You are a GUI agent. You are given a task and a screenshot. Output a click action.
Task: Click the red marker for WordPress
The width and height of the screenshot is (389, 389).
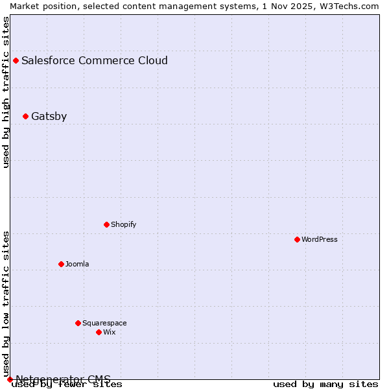pyautogui.click(x=297, y=239)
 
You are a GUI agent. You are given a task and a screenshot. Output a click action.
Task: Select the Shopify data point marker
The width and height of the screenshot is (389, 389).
pyautogui.click(x=106, y=224)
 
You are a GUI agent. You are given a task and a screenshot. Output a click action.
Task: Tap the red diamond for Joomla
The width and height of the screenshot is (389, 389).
pyautogui.click(x=61, y=264)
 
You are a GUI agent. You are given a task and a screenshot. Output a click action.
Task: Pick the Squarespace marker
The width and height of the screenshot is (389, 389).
pyautogui.click(x=78, y=323)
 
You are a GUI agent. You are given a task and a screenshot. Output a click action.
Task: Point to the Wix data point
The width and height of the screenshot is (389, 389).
pyautogui.click(x=99, y=332)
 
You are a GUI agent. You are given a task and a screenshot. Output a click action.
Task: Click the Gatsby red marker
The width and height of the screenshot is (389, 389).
pyautogui.click(x=25, y=117)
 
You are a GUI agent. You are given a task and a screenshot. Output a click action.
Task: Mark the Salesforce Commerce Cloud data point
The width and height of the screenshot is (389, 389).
pyautogui.click(x=16, y=61)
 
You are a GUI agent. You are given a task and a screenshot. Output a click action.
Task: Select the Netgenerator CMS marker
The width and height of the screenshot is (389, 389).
pyautogui.click(x=10, y=379)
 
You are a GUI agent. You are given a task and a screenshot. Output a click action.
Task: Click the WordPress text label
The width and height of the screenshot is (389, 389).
pyautogui.click(x=320, y=239)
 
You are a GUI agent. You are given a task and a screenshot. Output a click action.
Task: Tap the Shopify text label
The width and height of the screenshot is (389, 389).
pyautogui.click(x=124, y=224)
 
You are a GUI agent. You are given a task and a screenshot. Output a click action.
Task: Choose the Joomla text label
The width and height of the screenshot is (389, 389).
pyautogui.click(x=77, y=264)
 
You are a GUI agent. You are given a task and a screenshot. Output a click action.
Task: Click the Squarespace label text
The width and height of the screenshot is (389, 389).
pyautogui.click(x=104, y=323)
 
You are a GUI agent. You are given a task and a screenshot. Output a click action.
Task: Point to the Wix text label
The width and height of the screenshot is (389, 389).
pyautogui.click(x=110, y=332)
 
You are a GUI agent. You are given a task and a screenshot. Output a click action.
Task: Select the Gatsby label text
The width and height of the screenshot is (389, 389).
pyautogui.click(x=49, y=117)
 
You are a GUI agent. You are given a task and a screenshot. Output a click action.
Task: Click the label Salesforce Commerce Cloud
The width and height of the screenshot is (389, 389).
pyautogui.click(x=95, y=61)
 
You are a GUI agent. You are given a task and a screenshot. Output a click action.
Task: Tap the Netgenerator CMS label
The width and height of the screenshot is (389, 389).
pyautogui.click(x=64, y=379)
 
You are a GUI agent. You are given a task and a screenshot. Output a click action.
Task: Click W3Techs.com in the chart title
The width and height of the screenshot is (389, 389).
pyautogui.click(x=353, y=6)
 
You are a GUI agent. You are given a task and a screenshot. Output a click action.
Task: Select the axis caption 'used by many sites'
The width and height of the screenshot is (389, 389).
pyautogui.click(x=325, y=384)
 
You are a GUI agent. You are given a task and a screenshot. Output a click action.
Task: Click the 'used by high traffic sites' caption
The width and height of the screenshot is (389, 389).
pyautogui.click(x=6, y=92)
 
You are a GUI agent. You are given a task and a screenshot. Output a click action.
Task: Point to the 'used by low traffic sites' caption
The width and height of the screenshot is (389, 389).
pyautogui.click(x=6, y=303)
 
